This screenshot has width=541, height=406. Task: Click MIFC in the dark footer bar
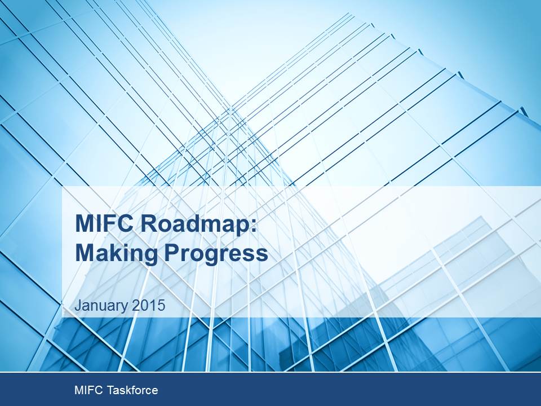click(88, 390)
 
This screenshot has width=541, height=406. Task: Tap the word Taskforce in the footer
click(132, 390)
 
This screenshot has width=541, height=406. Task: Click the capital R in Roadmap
click(149, 224)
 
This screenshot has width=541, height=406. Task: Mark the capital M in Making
click(85, 254)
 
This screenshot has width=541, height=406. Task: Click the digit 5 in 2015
click(161, 306)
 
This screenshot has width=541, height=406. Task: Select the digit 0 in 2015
click(144, 306)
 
